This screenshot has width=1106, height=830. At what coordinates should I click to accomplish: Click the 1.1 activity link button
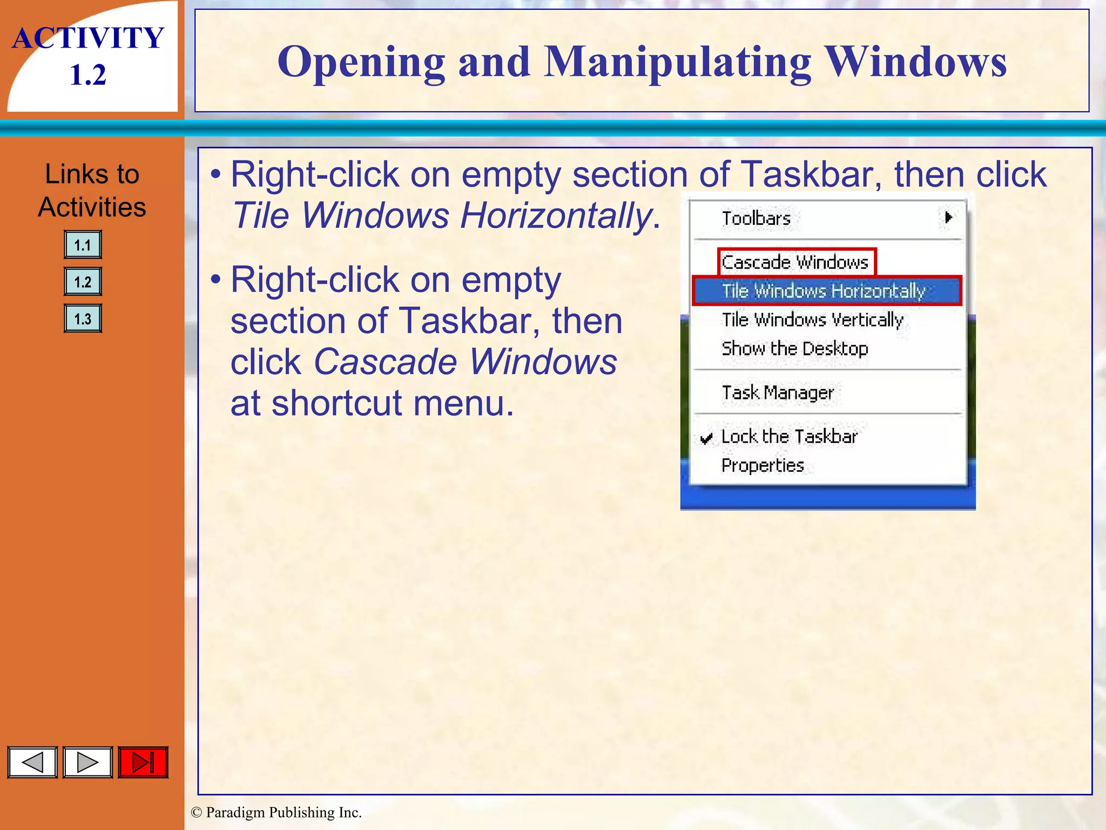point(83,245)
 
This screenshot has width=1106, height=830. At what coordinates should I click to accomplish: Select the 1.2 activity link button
point(83,282)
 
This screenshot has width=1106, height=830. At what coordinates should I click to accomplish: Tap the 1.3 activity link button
point(83,318)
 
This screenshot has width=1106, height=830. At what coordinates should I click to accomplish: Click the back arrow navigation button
point(32,762)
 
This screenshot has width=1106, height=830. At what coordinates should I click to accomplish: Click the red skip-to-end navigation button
point(143,762)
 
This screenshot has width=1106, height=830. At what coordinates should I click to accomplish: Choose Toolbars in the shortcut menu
point(756,218)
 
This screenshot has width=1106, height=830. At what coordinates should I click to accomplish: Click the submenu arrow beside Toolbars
point(948,217)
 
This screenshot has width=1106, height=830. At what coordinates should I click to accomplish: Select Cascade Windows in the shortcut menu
point(795,262)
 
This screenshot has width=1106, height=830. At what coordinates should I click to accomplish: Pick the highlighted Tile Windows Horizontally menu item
point(824,291)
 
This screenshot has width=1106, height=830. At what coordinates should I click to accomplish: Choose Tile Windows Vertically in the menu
point(812,320)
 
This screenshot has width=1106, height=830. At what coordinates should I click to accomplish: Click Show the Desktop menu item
point(795,349)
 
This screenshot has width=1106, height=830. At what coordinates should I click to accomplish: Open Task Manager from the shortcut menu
point(778,392)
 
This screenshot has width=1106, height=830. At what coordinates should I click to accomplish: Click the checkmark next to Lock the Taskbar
point(706,438)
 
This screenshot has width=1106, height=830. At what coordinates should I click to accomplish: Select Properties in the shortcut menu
point(763,465)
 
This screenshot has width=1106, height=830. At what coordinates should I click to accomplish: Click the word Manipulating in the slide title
point(678,62)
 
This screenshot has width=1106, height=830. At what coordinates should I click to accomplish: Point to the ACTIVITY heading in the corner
point(88,38)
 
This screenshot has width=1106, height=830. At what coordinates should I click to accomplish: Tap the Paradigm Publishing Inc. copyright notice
point(276,812)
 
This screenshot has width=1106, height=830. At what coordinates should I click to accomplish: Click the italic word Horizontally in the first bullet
point(556,216)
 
